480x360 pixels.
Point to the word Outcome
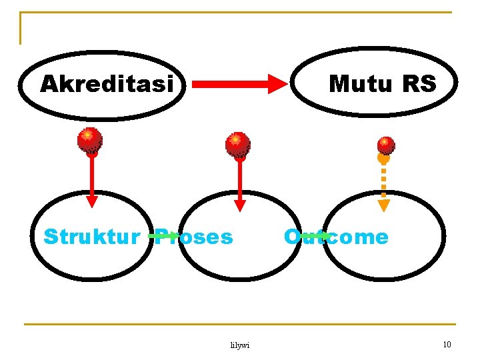pyautogui.click(x=336, y=237)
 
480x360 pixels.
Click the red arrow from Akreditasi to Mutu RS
pyautogui.click(x=233, y=84)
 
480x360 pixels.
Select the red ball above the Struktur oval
pyautogui.click(x=89, y=139)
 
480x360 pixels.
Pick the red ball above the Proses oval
pyautogui.click(x=237, y=144)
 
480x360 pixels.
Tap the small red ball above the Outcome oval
pyautogui.click(x=386, y=145)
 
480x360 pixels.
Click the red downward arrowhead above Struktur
pyautogui.click(x=92, y=201)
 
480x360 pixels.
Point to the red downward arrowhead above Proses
pyautogui.click(x=240, y=204)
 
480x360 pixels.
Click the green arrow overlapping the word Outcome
pyautogui.click(x=313, y=235)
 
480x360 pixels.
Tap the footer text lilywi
pyautogui.click(x=239, y=345)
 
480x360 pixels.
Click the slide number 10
pyautogui.click(x=447, y=344)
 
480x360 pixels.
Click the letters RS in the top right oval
pyautogui.click(x=419, y=85)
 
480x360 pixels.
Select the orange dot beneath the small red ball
pyautogui.click(x=383, y=159)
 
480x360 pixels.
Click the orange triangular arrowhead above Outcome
pyautogui.click(x=384, y=205)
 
